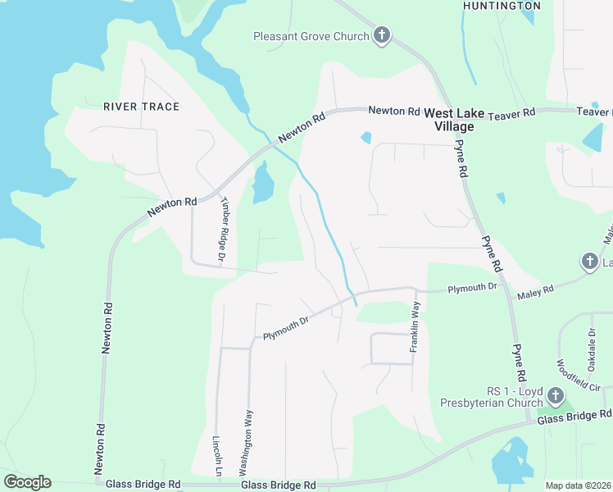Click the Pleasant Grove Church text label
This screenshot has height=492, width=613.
pyautogui.click(x=311, y=36)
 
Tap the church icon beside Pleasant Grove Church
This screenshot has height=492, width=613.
pyautogui.click(x=381, y=35)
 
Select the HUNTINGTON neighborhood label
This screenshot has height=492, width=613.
pyautogui.click(x=501, y=6)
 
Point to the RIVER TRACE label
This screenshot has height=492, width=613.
pyautogui.click(x=142, y=107)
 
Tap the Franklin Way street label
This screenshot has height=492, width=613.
pyautogui.click(x=415, y=326)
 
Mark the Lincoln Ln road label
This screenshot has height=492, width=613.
pyautogui.click(x=218, y=456)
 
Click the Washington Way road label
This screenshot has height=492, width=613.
pyautogui.click(x=243, y=444)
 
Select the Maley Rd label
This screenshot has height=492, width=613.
pyautogui.click(x=536, y=289)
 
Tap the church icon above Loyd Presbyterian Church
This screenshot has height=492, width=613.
pyautogui.click(x=556, y=396)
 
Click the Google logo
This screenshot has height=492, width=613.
pyautogui.click(x=28, y=482)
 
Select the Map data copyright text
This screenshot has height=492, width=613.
pyautogui.click(x=577, y=485)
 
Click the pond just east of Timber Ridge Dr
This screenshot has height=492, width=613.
pyautogui.click(x=262, y=183)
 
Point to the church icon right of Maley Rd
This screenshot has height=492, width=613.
pyautogui.click(x=589, y=262)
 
